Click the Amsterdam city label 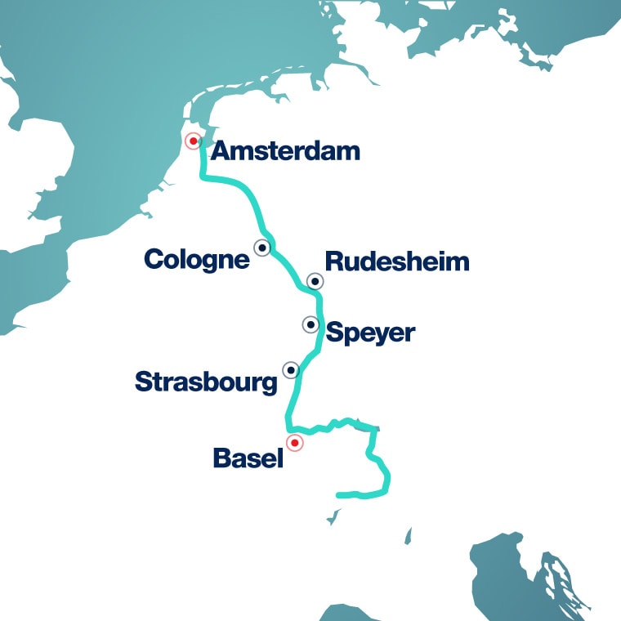[285, 151]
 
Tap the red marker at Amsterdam [193, 141]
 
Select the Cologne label [196, 260]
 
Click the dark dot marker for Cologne [262, 247]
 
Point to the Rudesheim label [397, 261]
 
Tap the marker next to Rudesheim [315, 281]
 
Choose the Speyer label [370, 333]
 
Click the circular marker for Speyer [310, 324]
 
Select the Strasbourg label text [206, 382]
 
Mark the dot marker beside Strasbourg [291, 369]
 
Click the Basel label [248, 458]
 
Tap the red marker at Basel [294, 443]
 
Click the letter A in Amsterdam [220, 151]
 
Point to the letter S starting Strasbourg [143, 382]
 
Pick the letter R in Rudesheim [333, 261]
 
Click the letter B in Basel [221, 458]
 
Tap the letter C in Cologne [154, 260]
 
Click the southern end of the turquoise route [339, 494]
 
